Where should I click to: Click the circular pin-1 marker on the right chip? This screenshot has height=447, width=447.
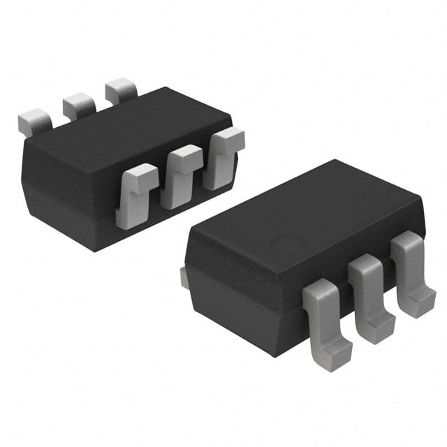[x=287, y=246]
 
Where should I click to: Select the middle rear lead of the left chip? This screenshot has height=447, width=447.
[x=78, y=105]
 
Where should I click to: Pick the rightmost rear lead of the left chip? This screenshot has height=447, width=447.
[x=120, y=91]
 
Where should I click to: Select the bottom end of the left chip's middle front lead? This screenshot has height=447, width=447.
[x=175, y=202]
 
